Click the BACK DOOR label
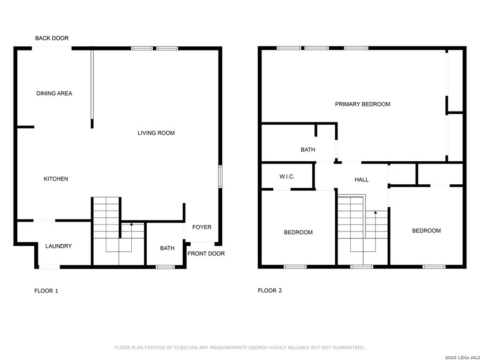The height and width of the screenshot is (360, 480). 52,38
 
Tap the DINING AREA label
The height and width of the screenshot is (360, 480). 54,93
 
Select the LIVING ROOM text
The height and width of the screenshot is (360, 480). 156,133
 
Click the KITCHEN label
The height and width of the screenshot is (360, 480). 56,179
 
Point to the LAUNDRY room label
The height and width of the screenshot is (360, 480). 59,246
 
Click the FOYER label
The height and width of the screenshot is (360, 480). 202,227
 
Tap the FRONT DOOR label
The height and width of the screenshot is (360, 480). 206,254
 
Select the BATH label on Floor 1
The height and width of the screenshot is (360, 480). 167,248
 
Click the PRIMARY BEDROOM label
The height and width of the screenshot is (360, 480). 362,104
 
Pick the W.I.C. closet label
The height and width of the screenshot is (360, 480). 287,177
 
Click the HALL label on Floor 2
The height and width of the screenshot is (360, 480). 361,180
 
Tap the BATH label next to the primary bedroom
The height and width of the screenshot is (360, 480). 308,150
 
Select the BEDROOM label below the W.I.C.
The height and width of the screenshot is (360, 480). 298,232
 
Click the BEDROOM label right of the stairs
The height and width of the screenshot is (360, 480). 426,231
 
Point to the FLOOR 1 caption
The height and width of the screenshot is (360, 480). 46,291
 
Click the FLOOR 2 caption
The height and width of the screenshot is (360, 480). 270,291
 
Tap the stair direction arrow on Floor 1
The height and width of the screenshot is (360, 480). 131,225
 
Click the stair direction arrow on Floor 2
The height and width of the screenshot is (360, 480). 375,213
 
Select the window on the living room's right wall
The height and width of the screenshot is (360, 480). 220,177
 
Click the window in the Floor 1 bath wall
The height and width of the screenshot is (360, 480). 165,267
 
